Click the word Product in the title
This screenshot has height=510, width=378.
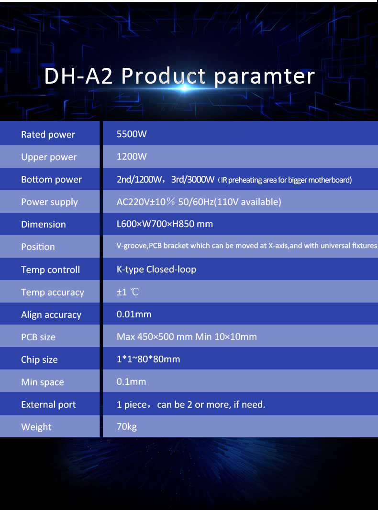164,76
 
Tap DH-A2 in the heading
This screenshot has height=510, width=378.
78,76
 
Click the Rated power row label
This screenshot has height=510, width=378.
48,135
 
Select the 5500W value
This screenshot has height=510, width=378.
132,134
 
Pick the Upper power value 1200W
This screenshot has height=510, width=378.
132,156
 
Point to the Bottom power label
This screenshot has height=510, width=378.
52,180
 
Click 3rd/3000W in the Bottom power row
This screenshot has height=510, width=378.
193,180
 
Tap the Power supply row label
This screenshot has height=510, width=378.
49,202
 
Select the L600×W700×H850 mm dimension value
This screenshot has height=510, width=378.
165,224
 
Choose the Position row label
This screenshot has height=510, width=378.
38,247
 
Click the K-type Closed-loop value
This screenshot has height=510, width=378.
156,269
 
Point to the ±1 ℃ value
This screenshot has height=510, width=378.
128,292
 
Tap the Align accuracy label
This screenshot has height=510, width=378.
51,315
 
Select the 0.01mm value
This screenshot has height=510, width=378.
134,314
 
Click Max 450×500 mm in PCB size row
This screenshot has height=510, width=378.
155,336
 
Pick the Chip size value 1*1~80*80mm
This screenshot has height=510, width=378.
148,359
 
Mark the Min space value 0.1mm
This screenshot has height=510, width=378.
131,381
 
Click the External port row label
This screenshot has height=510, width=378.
48,405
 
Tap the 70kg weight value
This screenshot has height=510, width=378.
127,427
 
